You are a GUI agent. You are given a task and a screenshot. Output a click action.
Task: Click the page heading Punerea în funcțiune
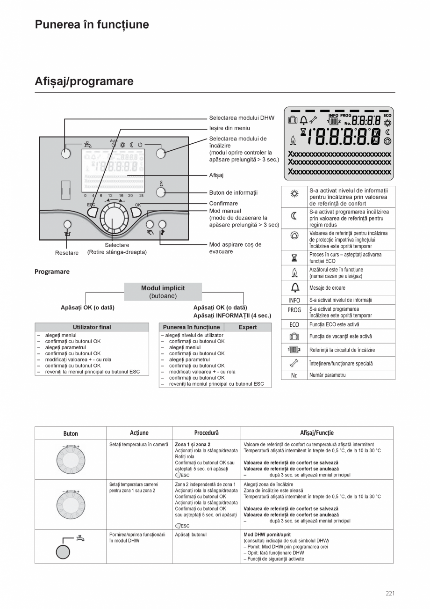tap(92, 25)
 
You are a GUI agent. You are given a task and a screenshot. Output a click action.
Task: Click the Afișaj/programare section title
tap(84, 81)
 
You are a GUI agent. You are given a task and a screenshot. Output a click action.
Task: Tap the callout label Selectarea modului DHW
tap(242, 118)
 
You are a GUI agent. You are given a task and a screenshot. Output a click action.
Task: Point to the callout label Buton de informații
tap(233, 192)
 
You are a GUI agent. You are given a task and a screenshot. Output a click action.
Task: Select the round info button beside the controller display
tap(160, 192)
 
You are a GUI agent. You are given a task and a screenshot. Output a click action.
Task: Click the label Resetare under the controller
tap(67, 253)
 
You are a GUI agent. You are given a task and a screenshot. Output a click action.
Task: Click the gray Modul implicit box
tap(163, 292)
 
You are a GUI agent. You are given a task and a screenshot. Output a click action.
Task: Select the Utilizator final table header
tap(92, 327)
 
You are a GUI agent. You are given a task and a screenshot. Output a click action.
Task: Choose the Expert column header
tap(247, 327)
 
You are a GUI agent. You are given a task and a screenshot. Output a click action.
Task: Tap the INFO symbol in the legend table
tap(294, 300)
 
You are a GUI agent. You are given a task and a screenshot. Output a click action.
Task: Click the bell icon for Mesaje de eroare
tap(294, 287)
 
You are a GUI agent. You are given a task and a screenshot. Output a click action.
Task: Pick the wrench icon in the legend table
tap(294, 363)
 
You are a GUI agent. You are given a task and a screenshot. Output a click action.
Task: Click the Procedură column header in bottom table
tap(206, 433)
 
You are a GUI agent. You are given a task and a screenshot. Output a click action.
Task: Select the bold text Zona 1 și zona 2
tap(192, 444)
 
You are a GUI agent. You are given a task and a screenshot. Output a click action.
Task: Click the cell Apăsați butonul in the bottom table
tap(190, 535)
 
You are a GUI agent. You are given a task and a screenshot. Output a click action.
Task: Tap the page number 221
tap(390, 594)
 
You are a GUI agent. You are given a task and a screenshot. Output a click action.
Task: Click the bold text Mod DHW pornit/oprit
tap(267, 535)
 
